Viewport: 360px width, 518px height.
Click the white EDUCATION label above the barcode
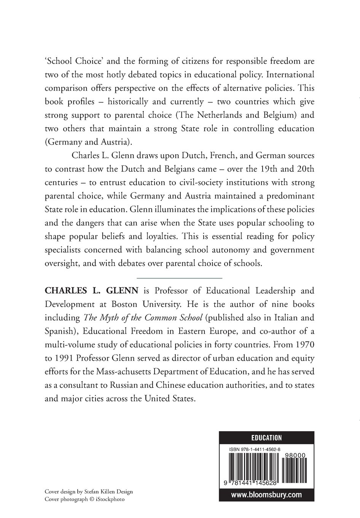click(x=266, y=438)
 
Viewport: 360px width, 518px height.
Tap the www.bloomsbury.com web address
click(x=266, y=494)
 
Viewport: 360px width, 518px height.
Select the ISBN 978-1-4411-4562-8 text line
click(x=255, y=449)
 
